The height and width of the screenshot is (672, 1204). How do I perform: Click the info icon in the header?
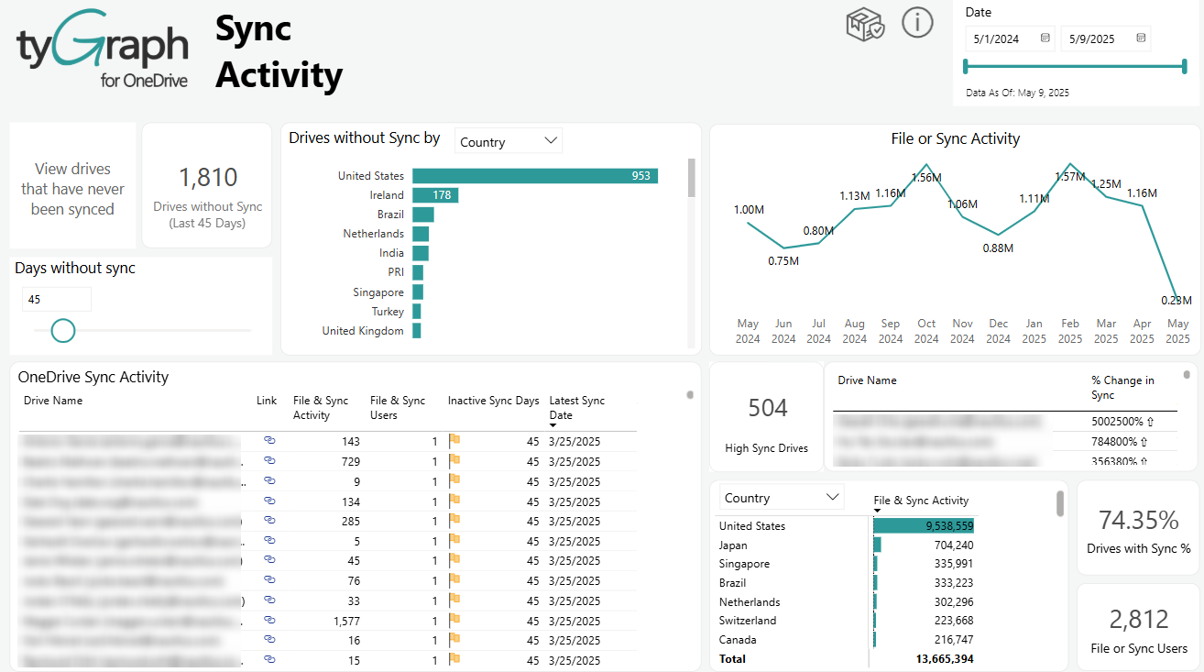click(x=917, y=22)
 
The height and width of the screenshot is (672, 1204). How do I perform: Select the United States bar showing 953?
click(x=535, y=176)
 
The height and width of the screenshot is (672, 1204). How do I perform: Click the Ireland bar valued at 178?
click(x=435, y=195)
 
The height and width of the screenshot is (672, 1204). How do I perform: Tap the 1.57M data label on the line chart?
click(x=1069, y=177)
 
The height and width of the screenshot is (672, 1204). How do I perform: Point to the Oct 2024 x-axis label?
click(x=926, y=331)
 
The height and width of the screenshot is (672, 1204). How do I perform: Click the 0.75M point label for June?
click(x=783, y=261)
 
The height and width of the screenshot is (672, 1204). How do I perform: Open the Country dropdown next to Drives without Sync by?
click(x=509, y=141)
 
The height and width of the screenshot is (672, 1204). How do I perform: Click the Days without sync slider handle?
click(x=63, y=330)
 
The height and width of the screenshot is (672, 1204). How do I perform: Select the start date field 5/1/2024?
click(x=1010, y=39)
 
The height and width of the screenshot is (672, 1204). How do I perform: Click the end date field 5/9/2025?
click(x=1105, y=39)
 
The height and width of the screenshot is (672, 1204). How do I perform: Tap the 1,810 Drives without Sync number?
click(x=208, y=178)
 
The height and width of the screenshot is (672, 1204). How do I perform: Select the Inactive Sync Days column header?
click(x=493, y=401)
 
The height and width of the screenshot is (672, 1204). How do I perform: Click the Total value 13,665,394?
click(x=944, y=659)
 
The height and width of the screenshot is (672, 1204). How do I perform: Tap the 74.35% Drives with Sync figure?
click(x=1138, y=521)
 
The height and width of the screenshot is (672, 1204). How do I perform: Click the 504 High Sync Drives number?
click(x=767, y=408)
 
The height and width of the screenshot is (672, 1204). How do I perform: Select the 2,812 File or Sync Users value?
click(x=1138, y=621)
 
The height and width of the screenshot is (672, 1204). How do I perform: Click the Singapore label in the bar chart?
click(x=378, y=292)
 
